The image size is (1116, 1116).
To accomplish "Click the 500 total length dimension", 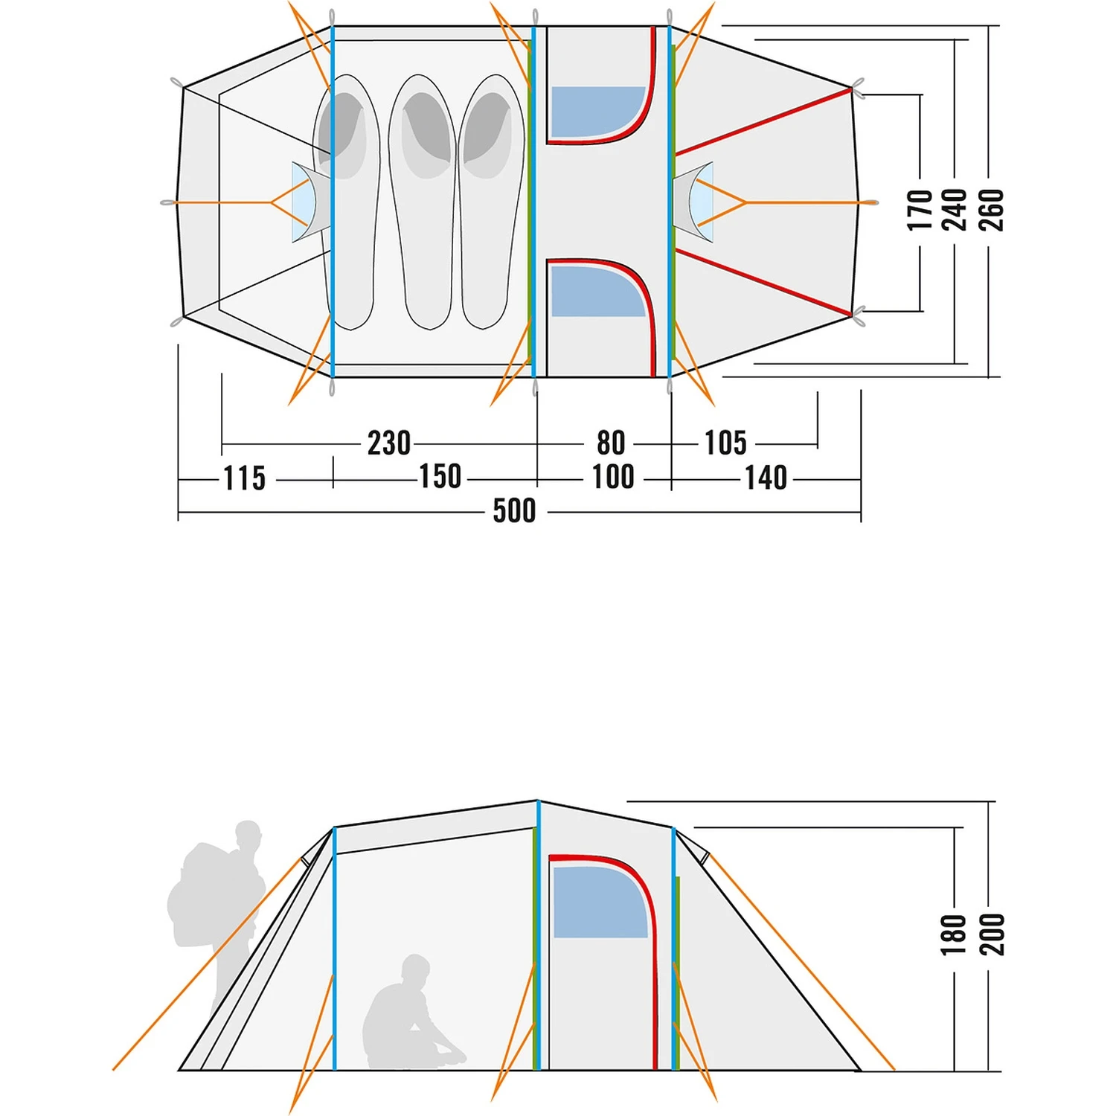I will coord(514,511).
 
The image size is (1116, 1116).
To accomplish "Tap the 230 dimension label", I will coord(389,443).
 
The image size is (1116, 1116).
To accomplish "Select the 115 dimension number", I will coord(245,478).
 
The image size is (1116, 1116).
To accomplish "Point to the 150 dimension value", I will coord(440,477).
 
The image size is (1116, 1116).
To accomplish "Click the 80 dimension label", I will coord(611,443).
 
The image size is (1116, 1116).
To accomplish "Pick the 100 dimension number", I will coord(613,477).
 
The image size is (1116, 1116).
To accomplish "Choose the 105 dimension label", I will coord(725,443).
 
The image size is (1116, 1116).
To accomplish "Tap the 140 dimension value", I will coord(766,478).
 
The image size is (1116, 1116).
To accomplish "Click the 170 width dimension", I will coord(920,210).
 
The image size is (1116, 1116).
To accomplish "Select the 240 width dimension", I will coord(955,210).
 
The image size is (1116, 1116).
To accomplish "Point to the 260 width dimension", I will coord(991,210).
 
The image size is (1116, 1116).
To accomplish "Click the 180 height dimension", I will coord(953,935).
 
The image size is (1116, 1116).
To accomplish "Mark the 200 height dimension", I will coord(992,935).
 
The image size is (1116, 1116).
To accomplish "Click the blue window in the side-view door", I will coord(599,902).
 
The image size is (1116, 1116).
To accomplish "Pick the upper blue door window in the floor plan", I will coord(597,111).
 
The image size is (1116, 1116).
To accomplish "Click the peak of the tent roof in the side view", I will coord(538,801).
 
